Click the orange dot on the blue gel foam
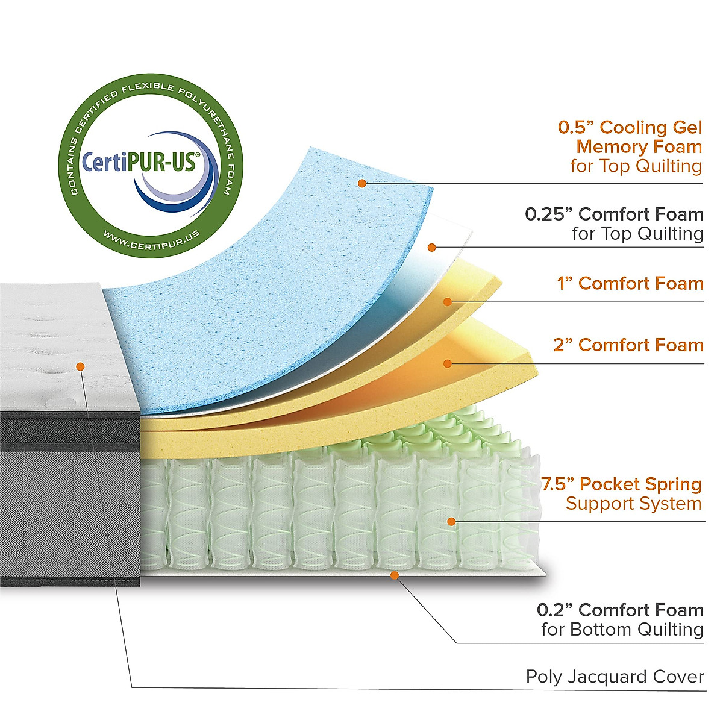[x=362, y=183]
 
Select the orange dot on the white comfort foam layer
[x=431, y=247]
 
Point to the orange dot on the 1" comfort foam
[x=447, y=301]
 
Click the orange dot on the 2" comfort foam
[x=447, y=363]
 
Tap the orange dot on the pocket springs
[x=451, y=521]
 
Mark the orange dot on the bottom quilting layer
[x=395, y=575]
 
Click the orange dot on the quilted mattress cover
[x=80, y=366]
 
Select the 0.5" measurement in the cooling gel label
[x=575, y=128]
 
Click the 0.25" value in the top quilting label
[x=548, y=214]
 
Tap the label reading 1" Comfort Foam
[x=630, y=284]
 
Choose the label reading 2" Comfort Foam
[x=628, y=345]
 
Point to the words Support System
[x=633, y=504]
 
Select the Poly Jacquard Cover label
[x=615, y=677]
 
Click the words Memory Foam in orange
[x=639, y=147]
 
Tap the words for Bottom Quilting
[x=622, y=630]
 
